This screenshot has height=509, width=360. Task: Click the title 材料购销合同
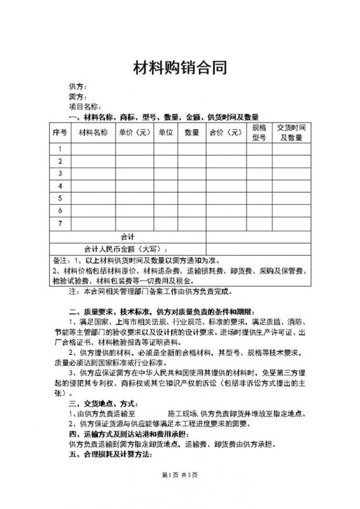[x=179, y=69]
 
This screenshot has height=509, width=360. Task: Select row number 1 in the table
[x=60, y=150]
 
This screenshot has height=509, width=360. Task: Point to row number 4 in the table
[x=60, y=186]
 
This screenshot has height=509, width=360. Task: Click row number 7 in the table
[x=60, y=223]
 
